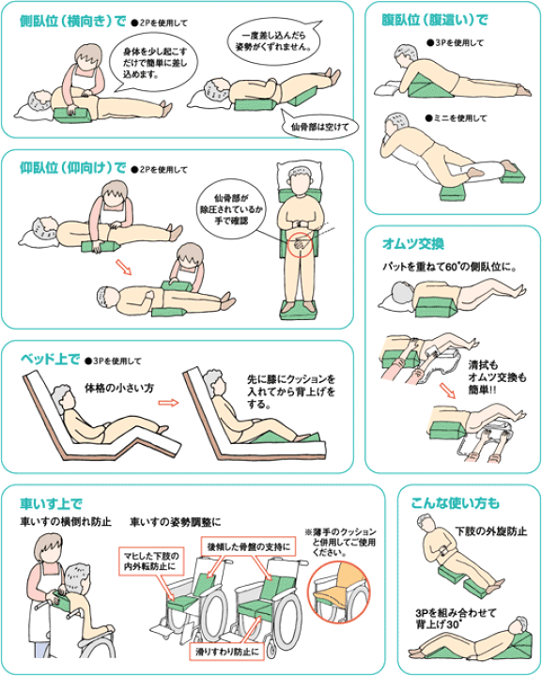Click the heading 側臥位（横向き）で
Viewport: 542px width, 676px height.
coord(73,21)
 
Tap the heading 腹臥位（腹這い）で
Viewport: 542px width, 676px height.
coord(435,20)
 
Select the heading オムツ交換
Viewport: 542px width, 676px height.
coord(412,244)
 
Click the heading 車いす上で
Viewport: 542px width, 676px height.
coord(51,503)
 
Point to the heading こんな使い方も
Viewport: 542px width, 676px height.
coord(456,502)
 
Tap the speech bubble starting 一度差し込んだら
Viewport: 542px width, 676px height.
coord(275,40)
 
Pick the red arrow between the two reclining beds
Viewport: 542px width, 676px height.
coord(168,403)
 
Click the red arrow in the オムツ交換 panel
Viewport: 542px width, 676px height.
coord(448,391)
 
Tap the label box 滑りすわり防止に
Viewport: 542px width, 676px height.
coord(227,652)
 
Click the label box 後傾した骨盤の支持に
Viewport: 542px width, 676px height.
coord(248,546)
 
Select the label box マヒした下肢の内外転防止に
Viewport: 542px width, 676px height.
coord(151,561)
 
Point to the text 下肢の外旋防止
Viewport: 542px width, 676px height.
coord(491,530)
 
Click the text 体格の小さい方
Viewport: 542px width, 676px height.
coord(119,388)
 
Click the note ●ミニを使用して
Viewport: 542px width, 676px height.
coord(456,117)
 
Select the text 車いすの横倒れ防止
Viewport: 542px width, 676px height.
coord(66,522)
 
